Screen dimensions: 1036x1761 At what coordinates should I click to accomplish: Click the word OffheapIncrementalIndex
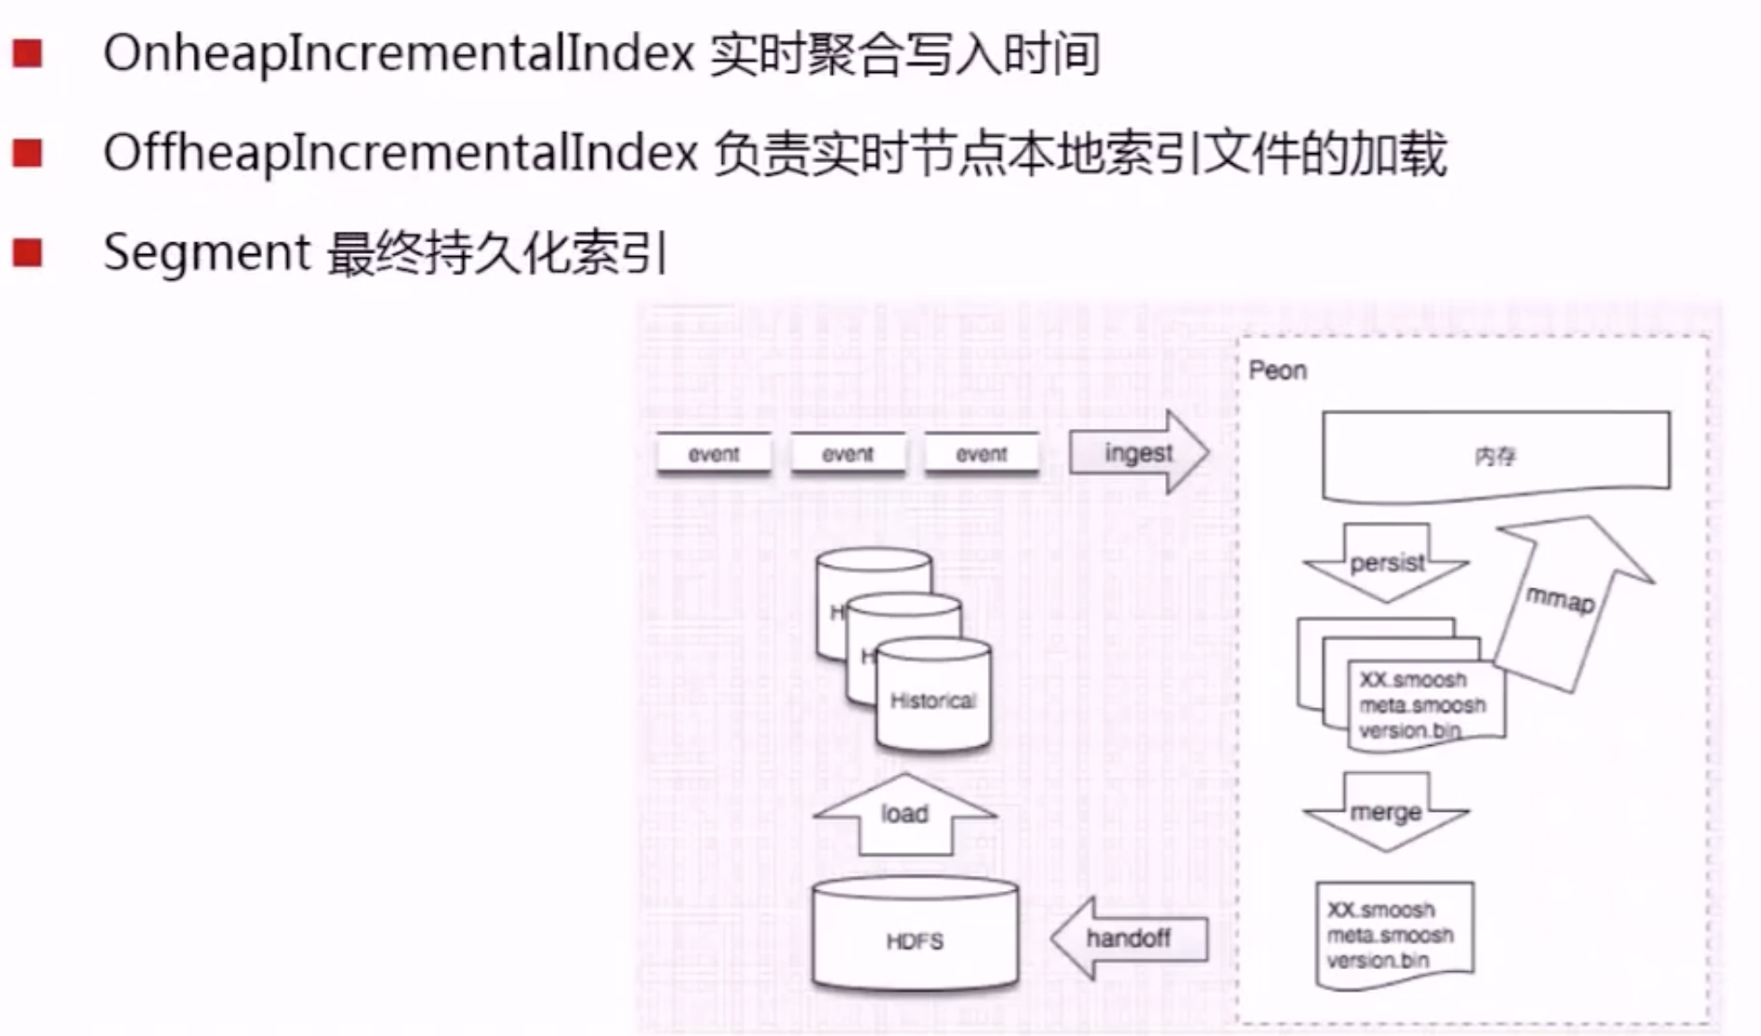pos(400,153)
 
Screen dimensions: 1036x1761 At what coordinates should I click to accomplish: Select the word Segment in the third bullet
pos(206,252)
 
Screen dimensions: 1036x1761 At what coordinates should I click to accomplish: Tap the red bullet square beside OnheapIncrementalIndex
pos(28,54)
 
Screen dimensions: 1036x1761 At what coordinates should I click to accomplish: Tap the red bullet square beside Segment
pos(28,252)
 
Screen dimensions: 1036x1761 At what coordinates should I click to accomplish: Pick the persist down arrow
pos(1386,563)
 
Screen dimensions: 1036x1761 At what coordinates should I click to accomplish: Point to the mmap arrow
pos(1567,599)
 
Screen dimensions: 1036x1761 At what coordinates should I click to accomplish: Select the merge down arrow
pos(1386,812)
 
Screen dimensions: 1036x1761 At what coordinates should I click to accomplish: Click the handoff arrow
pos(1129,939)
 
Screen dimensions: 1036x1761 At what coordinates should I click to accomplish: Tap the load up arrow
pos(905,813)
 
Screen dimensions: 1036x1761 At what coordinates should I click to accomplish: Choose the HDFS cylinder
pos(915,937)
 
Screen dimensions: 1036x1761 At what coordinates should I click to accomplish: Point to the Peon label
pos(1278,370)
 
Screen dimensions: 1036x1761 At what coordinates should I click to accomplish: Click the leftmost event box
pos(713,454)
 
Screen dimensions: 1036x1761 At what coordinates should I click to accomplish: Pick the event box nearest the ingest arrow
pos(981,454)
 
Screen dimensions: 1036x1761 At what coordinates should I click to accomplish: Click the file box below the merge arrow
pos(1394,934)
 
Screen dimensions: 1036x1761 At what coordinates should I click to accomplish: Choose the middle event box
pos(847,454)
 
